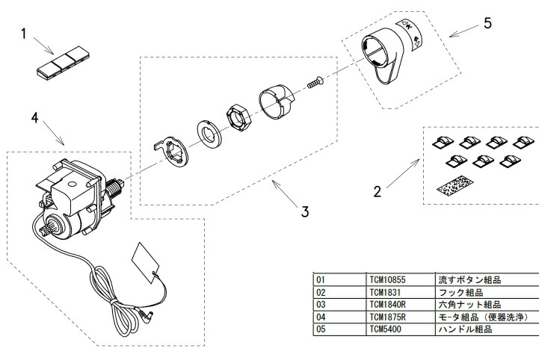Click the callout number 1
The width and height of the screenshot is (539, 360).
point(25,34)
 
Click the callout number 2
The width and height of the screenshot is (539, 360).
point(378,191)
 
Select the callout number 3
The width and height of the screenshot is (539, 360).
point(305,211)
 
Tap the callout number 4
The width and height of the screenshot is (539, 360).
point(34,117)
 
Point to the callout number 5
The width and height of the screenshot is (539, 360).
point(487,22)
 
